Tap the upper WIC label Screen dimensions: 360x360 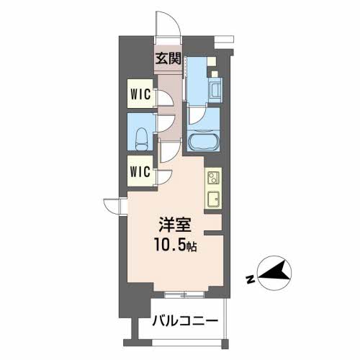tap(140, 94)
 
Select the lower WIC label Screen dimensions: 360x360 tap(140, 171)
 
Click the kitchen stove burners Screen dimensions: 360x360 tap(212, 176)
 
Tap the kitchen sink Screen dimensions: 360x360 tap(213, 199)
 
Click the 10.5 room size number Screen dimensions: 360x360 tap(168, 245)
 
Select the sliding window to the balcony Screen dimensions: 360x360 tap(185, 294)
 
